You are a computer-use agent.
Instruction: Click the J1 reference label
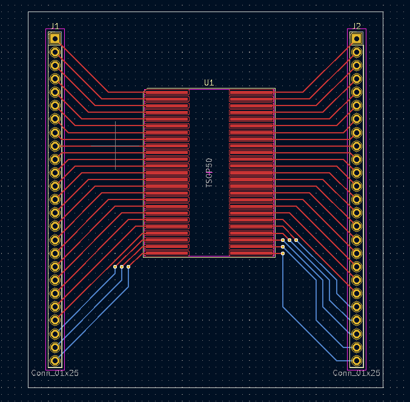point(55,26)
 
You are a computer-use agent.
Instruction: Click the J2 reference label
point(356,26)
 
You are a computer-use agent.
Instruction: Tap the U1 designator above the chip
point(209,83)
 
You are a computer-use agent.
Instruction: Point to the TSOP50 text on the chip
point(209,173)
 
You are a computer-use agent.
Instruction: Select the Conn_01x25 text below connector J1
point(55,373)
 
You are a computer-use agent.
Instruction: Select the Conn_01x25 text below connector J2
point(356,373)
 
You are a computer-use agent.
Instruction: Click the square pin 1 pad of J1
point(55,39)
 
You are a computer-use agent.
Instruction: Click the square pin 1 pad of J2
point(356,39)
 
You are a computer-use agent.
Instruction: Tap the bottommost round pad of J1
point(55,361)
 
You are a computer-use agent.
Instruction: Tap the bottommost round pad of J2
point(356,361)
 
